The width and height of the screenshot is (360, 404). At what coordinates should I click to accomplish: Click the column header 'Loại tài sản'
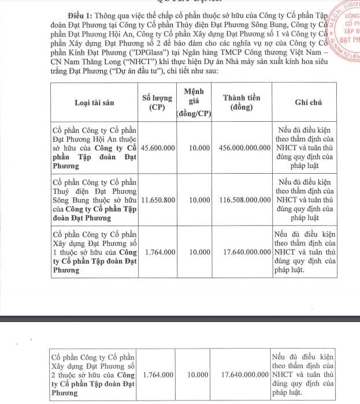[94, 102]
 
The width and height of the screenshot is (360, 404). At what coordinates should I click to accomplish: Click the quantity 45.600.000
[157, 148]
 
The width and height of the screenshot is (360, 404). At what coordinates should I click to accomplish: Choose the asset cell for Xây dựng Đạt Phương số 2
[94, 375]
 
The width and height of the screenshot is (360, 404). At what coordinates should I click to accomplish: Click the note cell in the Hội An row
[305, 148]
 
